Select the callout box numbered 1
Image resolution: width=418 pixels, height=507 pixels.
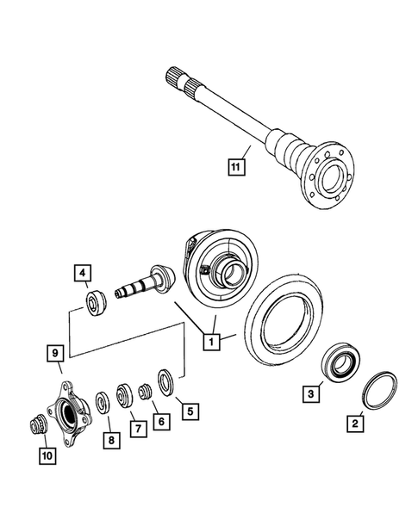(x=209, y=341)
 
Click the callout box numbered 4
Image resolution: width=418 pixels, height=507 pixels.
(x=83, y=275)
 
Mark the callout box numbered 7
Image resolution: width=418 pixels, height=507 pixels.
(x=135, y=427)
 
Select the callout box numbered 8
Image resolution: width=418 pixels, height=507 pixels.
(x=109, y=442)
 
